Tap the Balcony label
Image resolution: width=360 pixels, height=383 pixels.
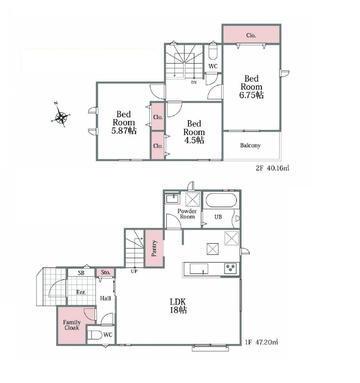click(250, 145)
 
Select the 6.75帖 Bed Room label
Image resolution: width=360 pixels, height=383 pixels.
click(251, 87)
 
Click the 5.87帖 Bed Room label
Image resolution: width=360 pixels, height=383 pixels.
click(124, 122)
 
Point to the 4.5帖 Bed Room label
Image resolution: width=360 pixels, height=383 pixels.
click(194, 132)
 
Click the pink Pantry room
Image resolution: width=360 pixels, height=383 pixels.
click(154, 248)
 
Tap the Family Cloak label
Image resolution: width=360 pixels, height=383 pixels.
click(72, 325)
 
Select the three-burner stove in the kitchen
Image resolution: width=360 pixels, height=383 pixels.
click(230, 268)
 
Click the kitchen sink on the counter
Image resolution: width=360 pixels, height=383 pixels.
click(199, 269)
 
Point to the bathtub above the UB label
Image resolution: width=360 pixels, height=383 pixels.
click(221, 200)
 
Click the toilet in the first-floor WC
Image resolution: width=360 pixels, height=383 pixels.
click(94, 335)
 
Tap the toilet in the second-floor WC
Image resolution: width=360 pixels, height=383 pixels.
click(213, 52)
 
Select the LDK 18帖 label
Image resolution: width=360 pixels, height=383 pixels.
click(178, 305)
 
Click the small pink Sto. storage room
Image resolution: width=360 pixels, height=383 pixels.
click(106, 272)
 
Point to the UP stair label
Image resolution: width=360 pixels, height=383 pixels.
click(134, 271)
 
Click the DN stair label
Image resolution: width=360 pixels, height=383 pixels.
click(194, 82)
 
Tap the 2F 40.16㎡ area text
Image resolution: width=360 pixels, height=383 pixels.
click(272, 168)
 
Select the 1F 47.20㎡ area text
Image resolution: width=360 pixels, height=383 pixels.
click(262, 342)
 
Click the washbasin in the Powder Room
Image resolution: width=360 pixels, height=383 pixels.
click(173, 199)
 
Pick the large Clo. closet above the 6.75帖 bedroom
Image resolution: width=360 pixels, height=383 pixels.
click(252, 34)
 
